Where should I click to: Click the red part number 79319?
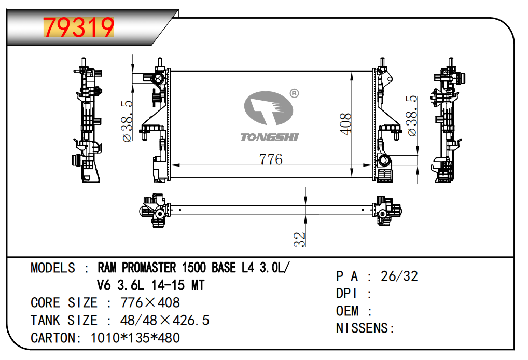pyautogui.click(x=79, y=27)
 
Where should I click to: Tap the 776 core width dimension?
pyautogui.click(x=271, y=159)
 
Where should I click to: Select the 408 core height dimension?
pyautogui.click(x=346, y=124)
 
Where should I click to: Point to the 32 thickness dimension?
pyautogui.click(x=299, y=240)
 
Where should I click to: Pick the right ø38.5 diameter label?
pyautogui.click(x=412, y=116)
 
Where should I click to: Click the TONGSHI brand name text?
pyautogui.click(x=269, y=137)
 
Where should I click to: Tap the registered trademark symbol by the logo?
pyautogui.click(x=294, y=93)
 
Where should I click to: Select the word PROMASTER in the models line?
pyautogui.click(x=149, y=268)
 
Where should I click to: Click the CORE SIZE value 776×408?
pyautogui.click(x=150, y=302)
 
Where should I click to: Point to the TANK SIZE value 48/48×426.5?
pyautogui.click(x=164, y=320)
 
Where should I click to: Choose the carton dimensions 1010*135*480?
pyautogui.click(x=135, y=338)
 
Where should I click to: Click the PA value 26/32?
pyautogui.click(x=399, y=276)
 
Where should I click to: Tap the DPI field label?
pyautogui.click(x=346, y=293)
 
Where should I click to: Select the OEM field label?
pyautogui.click(x=347, y=311)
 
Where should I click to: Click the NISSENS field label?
pyautogui.click(x=363, y=328)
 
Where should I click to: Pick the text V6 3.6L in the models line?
pyautogui.click(x=120, y=285)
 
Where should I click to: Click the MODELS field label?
pyautogui.click(x=53, y=268)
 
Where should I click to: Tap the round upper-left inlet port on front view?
pyautogui.click(x=158, y=79)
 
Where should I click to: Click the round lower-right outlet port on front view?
pyautogui.click(x=383, y=160)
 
